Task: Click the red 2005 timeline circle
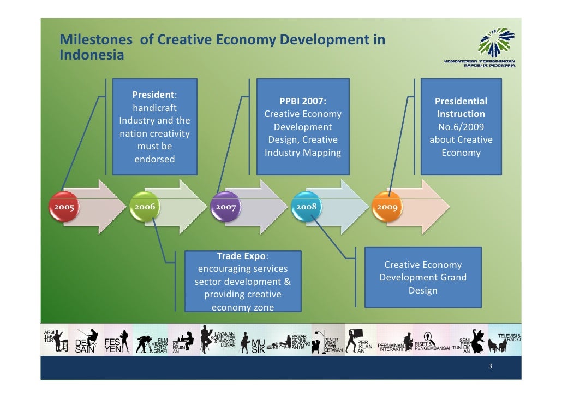[x=63, y=207]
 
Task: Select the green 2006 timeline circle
[x=145, y=207]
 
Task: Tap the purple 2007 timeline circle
[x=225, y=207]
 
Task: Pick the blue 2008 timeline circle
[x=306, y=207]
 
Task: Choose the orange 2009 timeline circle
[x=386, y=207]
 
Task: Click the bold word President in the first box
[x=153, y=95]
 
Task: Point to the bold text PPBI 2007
[x=303, y=101]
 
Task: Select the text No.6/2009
[x=461, y=127]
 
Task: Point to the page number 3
[x=490, y=367]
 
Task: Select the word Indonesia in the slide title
[x=92, y=55]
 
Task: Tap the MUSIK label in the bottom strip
[x=258, y=346]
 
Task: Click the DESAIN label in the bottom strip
[x=85, y=346]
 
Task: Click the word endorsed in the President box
[x=155, y=159]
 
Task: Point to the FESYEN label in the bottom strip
[x=112, y=346]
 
